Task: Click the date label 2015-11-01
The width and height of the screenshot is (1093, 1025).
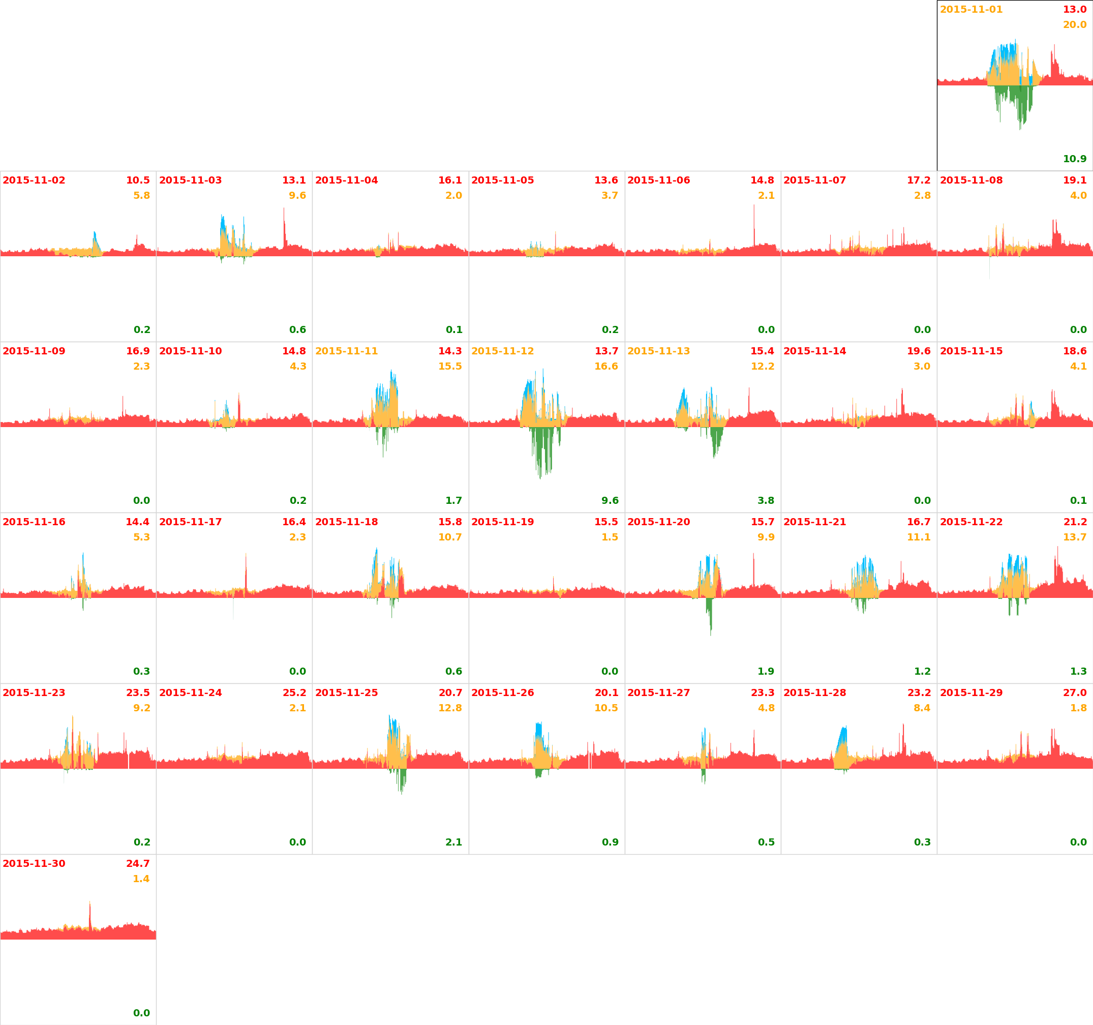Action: coord(971,9)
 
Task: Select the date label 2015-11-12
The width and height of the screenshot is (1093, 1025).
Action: coord(502,351)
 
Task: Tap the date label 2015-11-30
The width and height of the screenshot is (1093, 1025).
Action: coord(34,863)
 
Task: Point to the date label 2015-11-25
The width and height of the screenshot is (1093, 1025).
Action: coord(346,692)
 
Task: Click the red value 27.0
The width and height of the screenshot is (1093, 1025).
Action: coord(1074,692)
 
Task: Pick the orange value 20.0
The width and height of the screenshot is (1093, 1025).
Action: coord(1074,25)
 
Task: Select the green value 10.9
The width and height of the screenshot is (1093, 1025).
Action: coord(1074,159)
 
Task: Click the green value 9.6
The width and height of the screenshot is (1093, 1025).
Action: coord(610,500)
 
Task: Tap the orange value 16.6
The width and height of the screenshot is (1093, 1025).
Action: coord(606,366)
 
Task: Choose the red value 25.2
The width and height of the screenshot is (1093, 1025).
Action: coord(294,692)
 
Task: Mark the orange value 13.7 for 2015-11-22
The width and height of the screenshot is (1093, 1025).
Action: coord(1074,537)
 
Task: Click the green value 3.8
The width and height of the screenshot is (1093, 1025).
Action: coord(766,500)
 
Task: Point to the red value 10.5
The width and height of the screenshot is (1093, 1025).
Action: coord(138,180)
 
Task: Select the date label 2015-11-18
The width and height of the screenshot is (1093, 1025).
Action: coord(346,522)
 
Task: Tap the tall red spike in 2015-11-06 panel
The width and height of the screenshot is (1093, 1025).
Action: coord(754,225)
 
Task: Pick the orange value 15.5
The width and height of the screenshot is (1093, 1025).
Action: coord(450,366)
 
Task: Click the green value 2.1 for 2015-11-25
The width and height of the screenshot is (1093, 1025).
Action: coord(453,842)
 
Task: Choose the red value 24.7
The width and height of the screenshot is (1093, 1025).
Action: coord(138,863)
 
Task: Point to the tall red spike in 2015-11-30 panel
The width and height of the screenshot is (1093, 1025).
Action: coord(90,916)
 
